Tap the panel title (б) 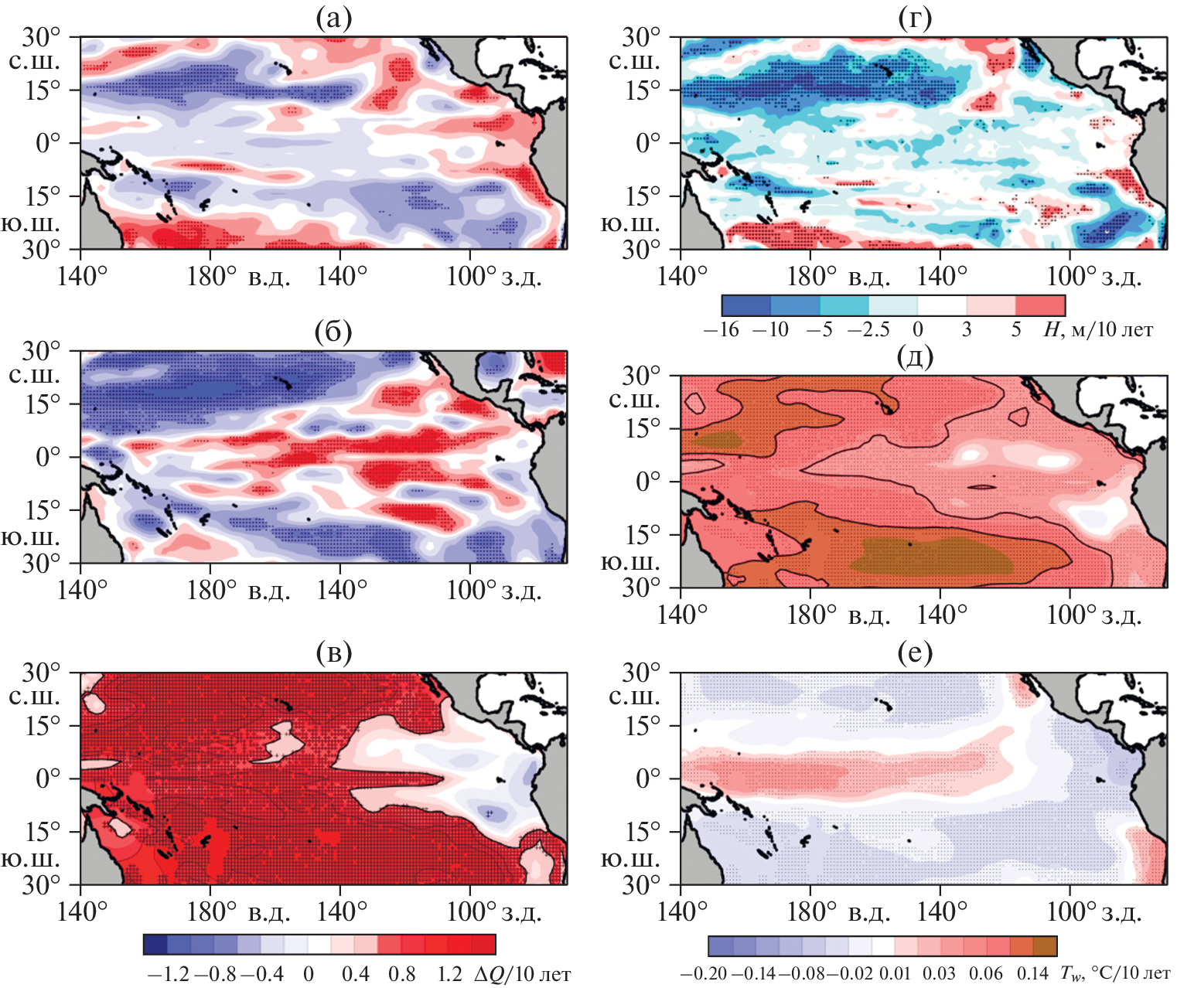[333, 332]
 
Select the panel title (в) [333, 654]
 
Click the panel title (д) [915, 357]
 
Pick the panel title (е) [915, 654]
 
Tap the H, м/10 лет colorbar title [1098, 330]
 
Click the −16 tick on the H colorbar [722, 330]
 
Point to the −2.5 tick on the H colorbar [868, 330]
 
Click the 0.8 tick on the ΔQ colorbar [402, 974]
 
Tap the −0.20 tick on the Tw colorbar [703, 974]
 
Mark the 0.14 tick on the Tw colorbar [1032, 974]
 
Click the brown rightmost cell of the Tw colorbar [1045, 946]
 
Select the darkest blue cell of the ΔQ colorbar [155, 944]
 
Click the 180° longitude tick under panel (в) [210, 912]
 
